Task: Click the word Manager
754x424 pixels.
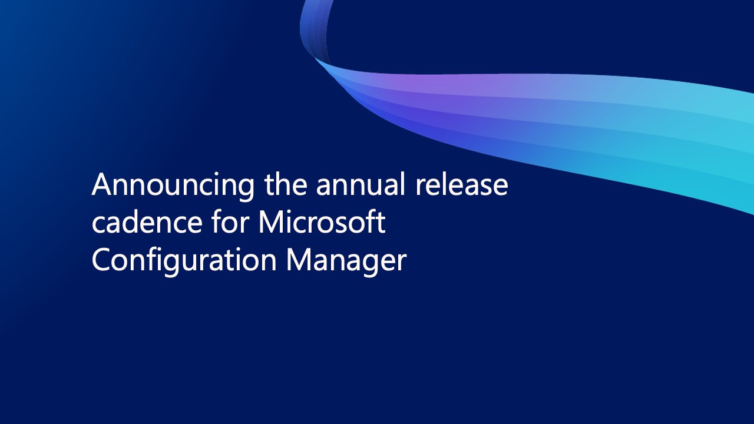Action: pos(346,261)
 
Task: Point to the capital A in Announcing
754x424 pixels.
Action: pos(102,185)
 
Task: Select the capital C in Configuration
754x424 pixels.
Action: pos(101,260)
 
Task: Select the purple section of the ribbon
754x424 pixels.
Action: pos(436,88)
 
